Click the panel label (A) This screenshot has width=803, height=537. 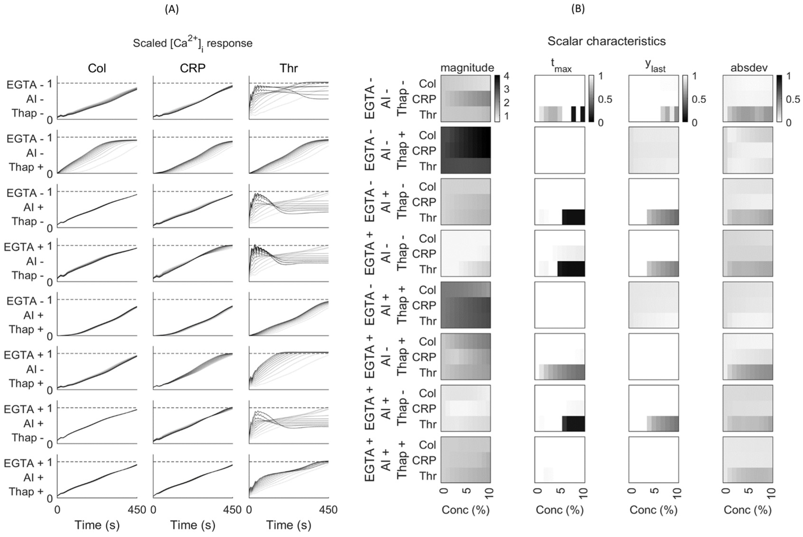172,10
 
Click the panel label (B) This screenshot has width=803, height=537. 578,10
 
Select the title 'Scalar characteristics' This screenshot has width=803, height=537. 606,41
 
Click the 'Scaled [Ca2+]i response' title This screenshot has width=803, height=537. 193,43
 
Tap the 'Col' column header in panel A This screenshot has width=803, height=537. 97,68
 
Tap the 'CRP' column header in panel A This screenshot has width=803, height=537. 193,68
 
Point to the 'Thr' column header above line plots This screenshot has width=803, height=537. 288,68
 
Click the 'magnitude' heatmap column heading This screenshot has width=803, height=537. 467,67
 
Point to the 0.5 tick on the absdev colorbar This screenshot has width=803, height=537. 792,99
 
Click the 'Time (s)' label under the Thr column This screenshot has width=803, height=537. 288,525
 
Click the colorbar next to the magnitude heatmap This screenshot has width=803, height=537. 497,98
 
